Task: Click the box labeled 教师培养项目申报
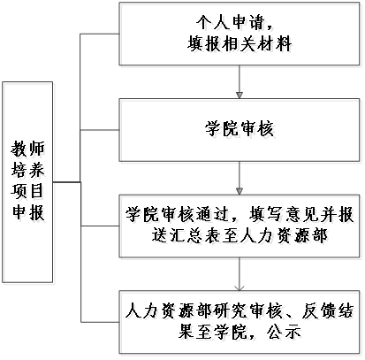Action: click(27, 182)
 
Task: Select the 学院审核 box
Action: click(240, 130)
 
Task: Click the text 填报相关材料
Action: click(240, 44)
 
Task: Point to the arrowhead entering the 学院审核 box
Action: click(240, 95)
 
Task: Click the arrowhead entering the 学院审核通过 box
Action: click(240, 191)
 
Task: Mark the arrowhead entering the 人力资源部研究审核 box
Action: click(240, 287)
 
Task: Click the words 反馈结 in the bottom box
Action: click(327, 310)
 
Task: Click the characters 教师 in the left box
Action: click(27, 149)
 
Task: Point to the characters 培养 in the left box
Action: click(27, 170)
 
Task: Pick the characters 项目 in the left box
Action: click(27, 191)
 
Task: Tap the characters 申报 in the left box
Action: click(27, 212)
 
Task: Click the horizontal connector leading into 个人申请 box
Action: click(100, 34)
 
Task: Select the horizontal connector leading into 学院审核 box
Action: click(100, 130)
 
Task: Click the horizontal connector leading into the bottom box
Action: click(100, 322)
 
